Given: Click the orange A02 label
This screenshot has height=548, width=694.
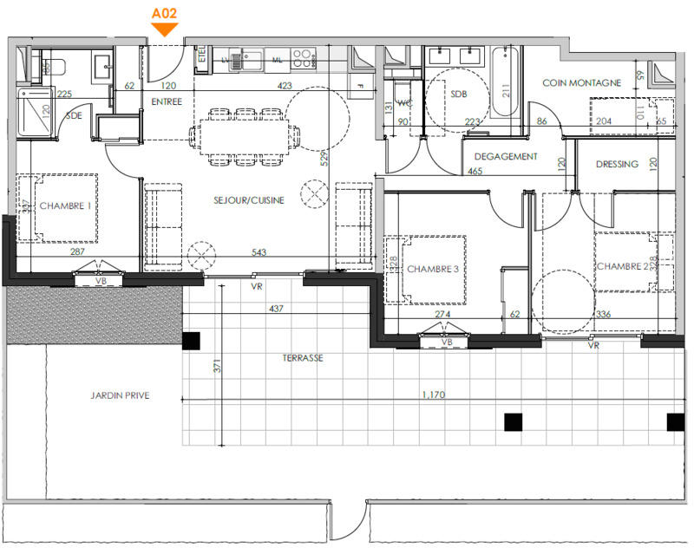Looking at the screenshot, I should [x=165, y=14].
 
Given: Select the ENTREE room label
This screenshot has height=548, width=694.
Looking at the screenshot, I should [x=167, y=102].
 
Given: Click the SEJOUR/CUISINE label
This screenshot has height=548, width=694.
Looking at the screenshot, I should [x=249, y=200].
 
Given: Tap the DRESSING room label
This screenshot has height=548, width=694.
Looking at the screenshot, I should [x=617, y=164].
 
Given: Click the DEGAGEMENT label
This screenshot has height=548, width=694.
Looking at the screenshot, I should [x=506, y=157].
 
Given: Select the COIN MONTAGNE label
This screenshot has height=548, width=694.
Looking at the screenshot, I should [x=581, y=83].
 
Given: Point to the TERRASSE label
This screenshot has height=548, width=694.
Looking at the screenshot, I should [x=302, y=357].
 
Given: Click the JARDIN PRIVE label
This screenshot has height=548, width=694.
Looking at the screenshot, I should [x=120, y=395].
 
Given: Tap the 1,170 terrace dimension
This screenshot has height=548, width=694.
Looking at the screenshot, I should [x=435, y=395].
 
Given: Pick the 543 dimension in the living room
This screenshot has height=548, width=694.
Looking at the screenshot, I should [x=258, y=252].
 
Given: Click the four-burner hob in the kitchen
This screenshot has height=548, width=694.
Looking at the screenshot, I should [x=303, y=58].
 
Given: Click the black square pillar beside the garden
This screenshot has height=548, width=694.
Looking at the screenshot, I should [x=190, y=340].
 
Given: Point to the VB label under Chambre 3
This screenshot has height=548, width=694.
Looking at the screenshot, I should [x=448, y=342].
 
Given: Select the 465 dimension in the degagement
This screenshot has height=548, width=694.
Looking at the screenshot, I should [x=475, y=172].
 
